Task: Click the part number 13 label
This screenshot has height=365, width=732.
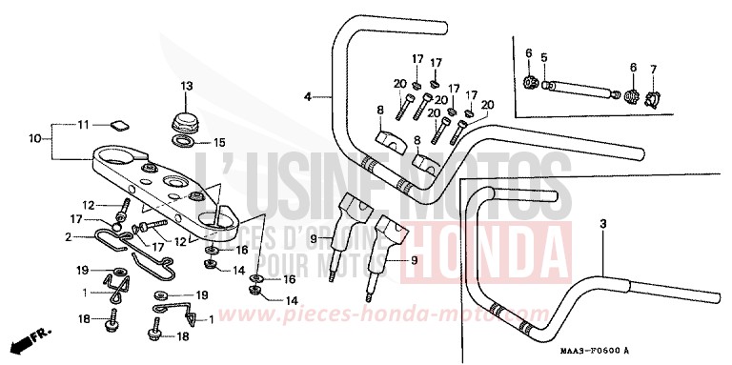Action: point(186,86)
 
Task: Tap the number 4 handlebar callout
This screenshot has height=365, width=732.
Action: point(309,96)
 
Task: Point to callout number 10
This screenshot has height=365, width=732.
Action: point(34,138)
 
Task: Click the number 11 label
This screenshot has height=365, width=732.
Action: point(83,125)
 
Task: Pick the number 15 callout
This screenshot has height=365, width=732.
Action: point(218,143)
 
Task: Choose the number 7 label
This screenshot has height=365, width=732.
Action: point(654,69)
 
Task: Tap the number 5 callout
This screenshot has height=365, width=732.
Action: point(543,58)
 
